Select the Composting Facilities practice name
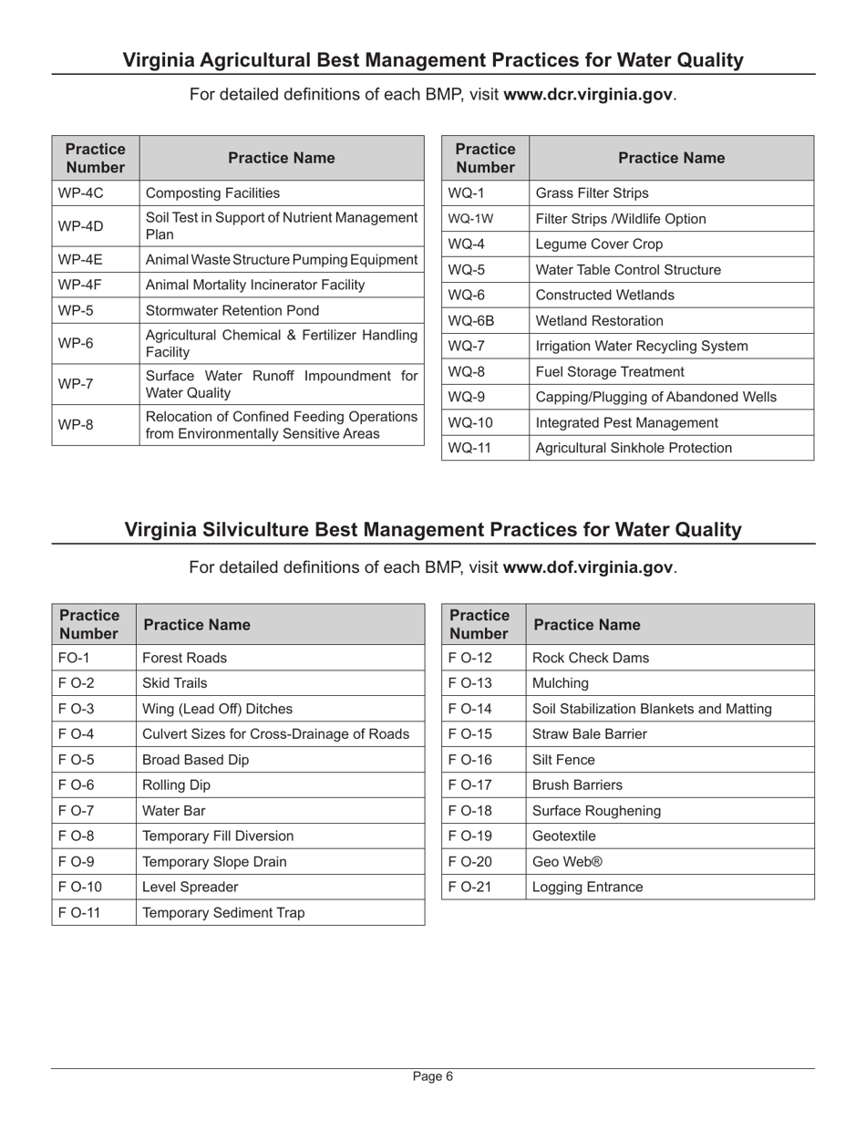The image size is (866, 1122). click(212, 193)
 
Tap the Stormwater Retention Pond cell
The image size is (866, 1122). click(232, 310)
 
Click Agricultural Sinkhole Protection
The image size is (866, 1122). click(634, 448)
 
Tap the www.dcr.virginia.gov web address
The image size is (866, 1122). click(589, 95)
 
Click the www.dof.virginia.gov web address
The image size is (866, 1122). click(588, 567)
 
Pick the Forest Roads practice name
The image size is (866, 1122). click(185, 658)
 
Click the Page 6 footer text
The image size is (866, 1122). click(433, 1076)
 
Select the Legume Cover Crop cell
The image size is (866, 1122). click(599, 244)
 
